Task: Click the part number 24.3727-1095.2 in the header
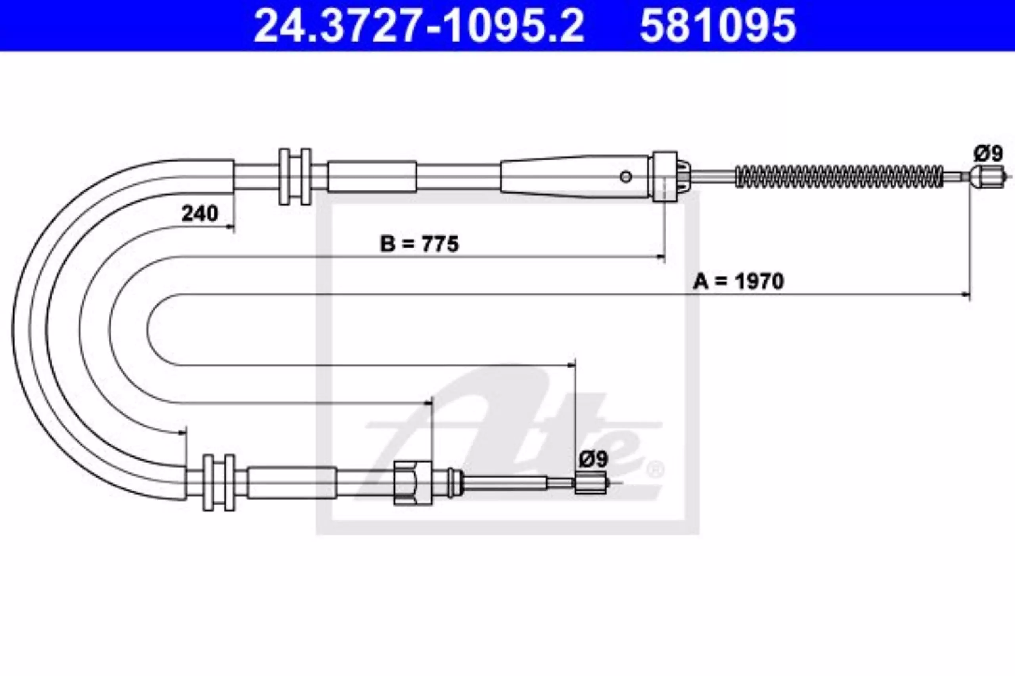point(419,26)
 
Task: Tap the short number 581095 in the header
point(718,26)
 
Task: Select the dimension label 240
point(200,213)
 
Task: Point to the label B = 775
point(419,244)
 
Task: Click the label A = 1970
point(738,281)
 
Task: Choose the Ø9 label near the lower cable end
point(594,459)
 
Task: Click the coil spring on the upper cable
point(839,176)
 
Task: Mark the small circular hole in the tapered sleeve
point(626,176)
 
